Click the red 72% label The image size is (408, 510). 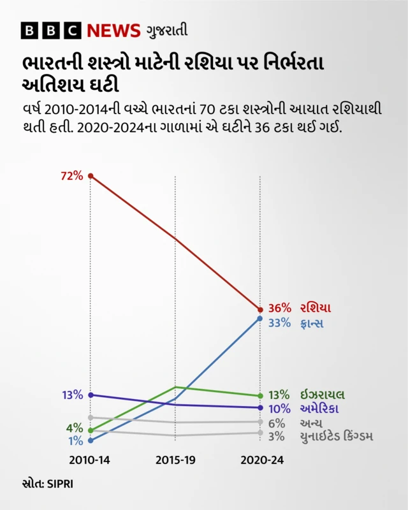[x=72, y=176]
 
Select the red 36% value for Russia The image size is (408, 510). [x=279, y=308]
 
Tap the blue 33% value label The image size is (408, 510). [x=279, y=323]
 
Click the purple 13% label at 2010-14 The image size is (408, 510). [x=72, y=395]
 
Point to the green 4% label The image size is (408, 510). [x=74, y=428]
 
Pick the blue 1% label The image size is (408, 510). [x=75, y=441]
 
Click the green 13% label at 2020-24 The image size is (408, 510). [x=279, y=395]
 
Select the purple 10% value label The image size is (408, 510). [x=279, y=409]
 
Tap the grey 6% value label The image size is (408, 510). [x=276, y=423]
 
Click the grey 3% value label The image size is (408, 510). [x=276, y=436]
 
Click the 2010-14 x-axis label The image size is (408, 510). [x=90, y=460]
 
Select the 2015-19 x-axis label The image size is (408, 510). [x=175, y=460]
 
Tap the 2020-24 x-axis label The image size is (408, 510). [x=260, y=460]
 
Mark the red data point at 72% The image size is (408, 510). [x=91, y=175]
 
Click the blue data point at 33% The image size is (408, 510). [x=260, y=318]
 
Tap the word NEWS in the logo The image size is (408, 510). [x=113, y=30]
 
